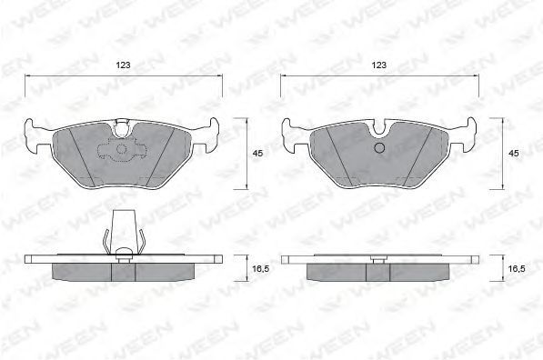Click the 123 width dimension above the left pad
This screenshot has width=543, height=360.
point(123,65)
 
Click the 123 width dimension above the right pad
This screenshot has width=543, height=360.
point(379,65)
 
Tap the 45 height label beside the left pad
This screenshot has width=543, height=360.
point(257,153)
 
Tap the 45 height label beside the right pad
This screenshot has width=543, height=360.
point(514,153)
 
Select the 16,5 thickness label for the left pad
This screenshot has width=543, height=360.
point(261,268)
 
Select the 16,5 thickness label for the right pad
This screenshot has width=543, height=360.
point(517,268)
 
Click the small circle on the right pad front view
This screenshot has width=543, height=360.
point(380,148)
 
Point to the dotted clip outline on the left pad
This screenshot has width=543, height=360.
point(122,149)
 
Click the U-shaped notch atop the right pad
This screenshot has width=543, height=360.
point(379,127)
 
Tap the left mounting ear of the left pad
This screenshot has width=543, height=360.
point(34,135)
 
